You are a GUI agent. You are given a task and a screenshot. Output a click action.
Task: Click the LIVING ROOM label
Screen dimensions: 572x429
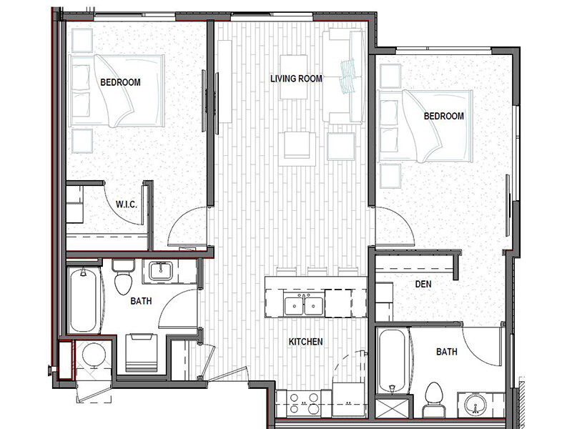coord(296,79)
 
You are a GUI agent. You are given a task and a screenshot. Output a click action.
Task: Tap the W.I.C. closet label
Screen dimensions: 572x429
coord(127,204)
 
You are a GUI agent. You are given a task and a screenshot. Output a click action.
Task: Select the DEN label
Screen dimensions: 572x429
coord(423,284)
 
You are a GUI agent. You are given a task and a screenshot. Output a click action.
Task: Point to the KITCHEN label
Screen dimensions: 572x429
coord(306,342)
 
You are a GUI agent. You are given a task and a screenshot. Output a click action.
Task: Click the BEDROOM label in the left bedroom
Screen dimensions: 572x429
coord(120,82)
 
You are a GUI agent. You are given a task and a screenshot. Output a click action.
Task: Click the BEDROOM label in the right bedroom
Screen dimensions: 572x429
coord(444,116)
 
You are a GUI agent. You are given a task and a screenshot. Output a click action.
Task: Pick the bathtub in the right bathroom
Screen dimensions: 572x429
coord(392,361)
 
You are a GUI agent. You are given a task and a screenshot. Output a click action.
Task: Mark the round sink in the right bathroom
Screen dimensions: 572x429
coord(475,405)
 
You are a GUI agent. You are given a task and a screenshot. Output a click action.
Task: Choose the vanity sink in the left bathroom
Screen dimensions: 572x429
coord(160,272)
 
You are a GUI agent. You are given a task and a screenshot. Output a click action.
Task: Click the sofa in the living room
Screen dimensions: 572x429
coord(344,76)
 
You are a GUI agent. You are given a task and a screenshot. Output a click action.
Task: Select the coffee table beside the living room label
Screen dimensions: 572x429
coord(293,77)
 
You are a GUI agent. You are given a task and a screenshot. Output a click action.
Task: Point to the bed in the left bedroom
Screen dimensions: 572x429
coord(117,91)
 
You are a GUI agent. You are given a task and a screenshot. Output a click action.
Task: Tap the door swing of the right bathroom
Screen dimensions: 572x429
coord(482,347)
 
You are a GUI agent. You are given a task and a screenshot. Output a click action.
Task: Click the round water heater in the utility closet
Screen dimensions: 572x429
coord(94,355)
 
